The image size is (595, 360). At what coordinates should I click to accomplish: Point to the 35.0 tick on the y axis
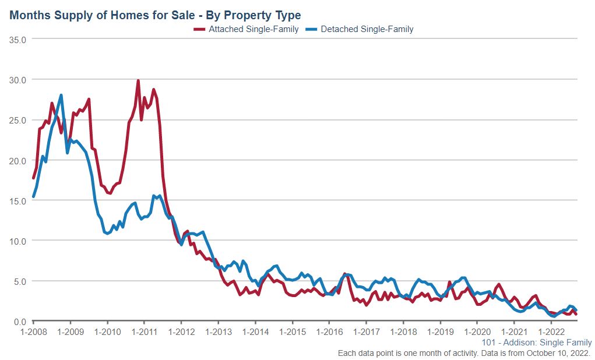[x=19, y=39]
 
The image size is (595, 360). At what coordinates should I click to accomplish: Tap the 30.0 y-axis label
[x=19, y=79]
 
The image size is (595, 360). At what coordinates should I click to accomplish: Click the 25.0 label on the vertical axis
[x=19, y=120]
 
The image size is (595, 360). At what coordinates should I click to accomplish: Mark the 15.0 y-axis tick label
[x=19, y=200]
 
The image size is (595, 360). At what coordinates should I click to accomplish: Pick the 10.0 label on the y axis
[x=19, y=241]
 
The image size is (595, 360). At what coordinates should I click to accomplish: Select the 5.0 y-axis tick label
[x=22, y=281]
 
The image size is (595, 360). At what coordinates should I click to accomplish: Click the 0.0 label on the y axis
[x=22, y=322]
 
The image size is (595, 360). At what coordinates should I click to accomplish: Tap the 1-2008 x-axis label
[x=33, y=331]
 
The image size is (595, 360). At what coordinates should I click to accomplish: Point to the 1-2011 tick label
[x=144, y=331]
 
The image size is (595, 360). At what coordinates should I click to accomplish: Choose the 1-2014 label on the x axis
[x=255, y=331]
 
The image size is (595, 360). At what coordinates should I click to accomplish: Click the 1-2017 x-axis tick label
[x=366, y=331]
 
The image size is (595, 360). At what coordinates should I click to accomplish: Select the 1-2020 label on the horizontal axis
[x=477, y=331]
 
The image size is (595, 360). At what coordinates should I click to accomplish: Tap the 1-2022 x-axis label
[x=551, y=331]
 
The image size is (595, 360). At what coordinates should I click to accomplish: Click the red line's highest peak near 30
[x=138, y=81]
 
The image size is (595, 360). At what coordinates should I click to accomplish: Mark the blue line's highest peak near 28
[x=61, y=95]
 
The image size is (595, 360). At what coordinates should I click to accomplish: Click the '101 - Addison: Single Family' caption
[x=537, y=343]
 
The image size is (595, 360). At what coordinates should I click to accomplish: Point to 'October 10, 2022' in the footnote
[x=559, y=353]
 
